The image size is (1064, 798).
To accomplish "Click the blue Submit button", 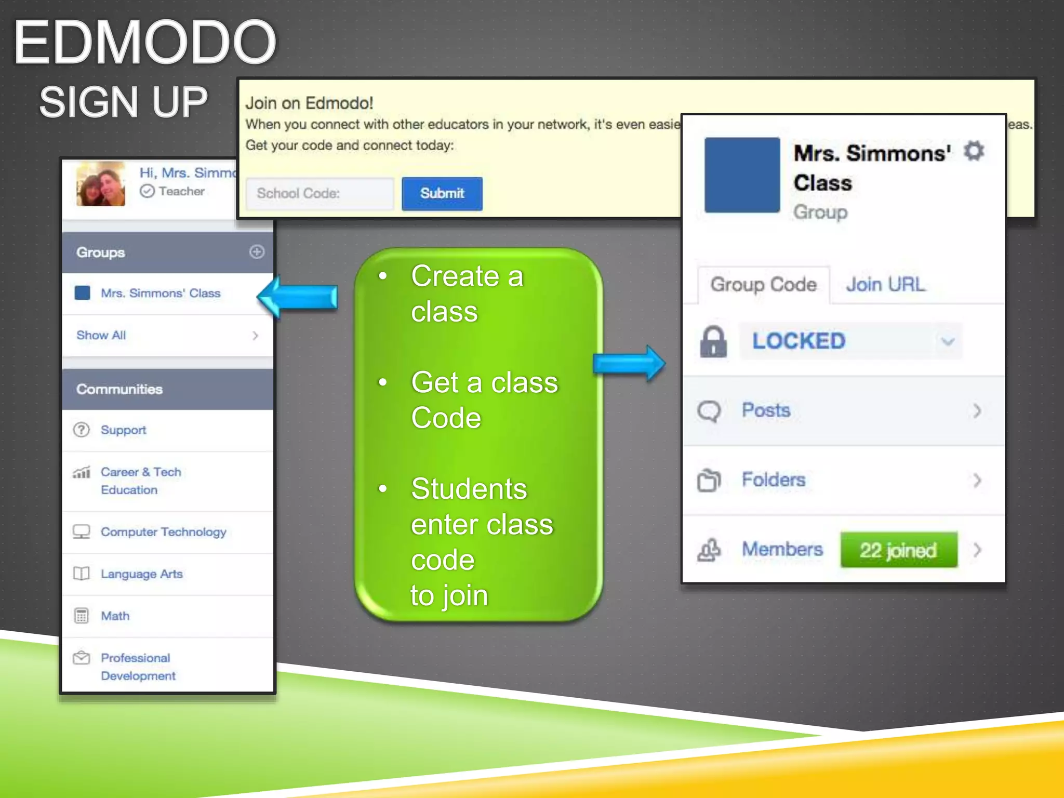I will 442,194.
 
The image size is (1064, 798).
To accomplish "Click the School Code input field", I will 320,194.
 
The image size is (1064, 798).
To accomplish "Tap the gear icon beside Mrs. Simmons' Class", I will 974,151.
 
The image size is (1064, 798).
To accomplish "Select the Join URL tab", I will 885,285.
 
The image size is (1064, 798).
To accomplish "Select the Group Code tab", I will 763,285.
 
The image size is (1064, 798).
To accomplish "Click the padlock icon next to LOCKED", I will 713,341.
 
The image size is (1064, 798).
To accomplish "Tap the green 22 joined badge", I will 898,550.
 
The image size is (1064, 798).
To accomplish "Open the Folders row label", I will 773,480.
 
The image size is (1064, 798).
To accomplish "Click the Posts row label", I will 766,410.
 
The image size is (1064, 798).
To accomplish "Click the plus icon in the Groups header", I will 257,252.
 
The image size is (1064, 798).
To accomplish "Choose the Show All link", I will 101,336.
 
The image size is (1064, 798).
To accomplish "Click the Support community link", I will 123,430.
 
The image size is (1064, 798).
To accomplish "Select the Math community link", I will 115,616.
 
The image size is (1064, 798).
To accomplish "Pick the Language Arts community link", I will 141,574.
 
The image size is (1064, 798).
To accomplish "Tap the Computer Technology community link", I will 163,532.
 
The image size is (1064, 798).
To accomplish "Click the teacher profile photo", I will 101,184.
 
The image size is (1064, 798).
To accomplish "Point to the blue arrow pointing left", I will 298,297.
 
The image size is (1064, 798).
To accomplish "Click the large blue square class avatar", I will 742,175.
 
